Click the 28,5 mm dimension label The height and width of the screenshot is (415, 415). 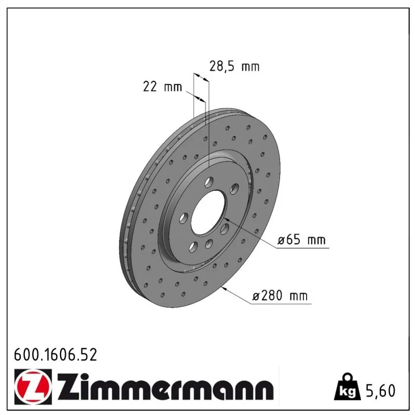(x=234, y=66)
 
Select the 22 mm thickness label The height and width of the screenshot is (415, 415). (x=162, y=87)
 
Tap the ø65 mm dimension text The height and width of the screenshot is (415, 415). (x=301, y=240)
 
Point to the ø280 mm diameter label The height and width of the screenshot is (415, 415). (x=280, y=295)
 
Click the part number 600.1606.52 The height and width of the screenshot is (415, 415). (x=56, y=355)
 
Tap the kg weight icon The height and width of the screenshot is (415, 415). (x=347, y=387)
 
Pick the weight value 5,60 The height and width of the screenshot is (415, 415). (x=380, y=391)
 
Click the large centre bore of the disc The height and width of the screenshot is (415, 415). (x=209, y=213)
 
